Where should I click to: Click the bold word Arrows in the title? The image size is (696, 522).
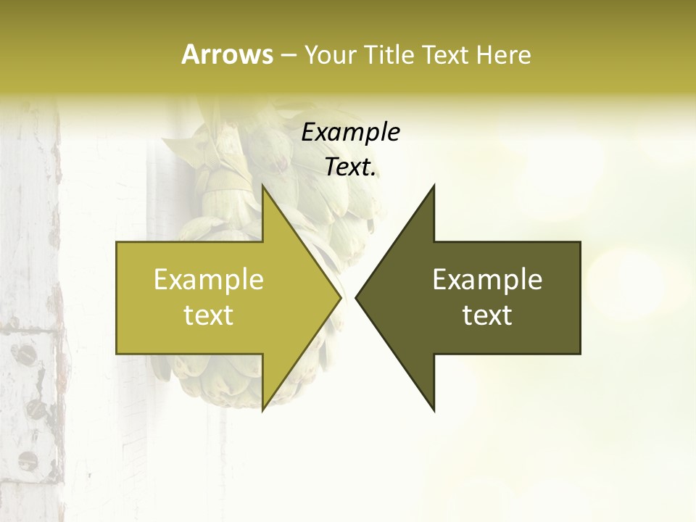click(x=227, y=54)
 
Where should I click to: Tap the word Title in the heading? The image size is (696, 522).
click(x=387, y=55)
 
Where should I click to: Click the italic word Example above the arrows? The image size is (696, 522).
click(x=350, y=132)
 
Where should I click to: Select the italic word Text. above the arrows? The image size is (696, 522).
click(x=350, y=167)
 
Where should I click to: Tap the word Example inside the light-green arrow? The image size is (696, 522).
click(x=209, y=279)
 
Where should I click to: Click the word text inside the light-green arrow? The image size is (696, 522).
click(x=209, y=315)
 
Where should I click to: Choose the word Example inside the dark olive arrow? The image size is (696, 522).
click(x=487, y=279)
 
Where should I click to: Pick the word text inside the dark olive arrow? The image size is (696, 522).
click(x=487, y=315)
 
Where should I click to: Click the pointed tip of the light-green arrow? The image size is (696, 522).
click(x=340, y=298)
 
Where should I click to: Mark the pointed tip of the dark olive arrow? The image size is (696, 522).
click(x=357, y=298)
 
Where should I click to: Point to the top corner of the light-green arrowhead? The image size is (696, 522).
click(x=262, y=186)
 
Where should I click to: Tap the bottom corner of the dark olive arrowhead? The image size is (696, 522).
click(x=434, y=410)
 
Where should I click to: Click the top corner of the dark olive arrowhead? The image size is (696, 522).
click(x=434, y=186)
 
